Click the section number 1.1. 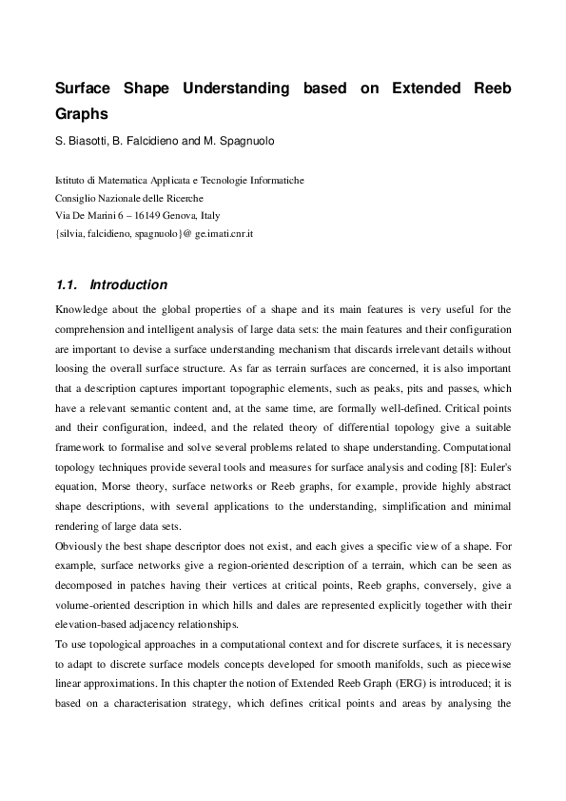[x=67, y=284]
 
